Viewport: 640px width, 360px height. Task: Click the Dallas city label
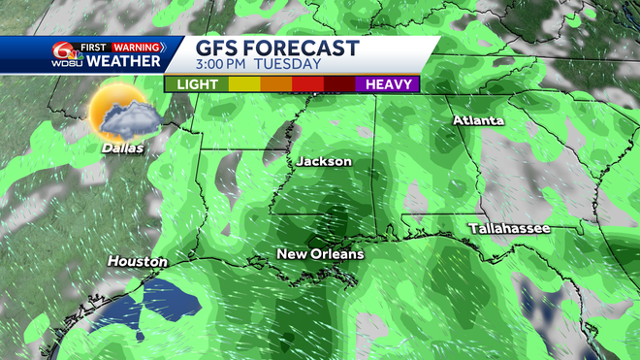point(121,148)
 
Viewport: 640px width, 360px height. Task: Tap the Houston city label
point(137,261)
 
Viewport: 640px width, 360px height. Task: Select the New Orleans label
point(320,254)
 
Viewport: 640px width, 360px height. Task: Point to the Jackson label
point(324,161)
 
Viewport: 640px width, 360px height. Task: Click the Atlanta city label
point(479,120)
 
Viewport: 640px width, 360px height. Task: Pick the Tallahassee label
point(509,228)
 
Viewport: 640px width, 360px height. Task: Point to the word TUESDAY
point(289,65)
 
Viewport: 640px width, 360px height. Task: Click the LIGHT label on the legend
point(196,84)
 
